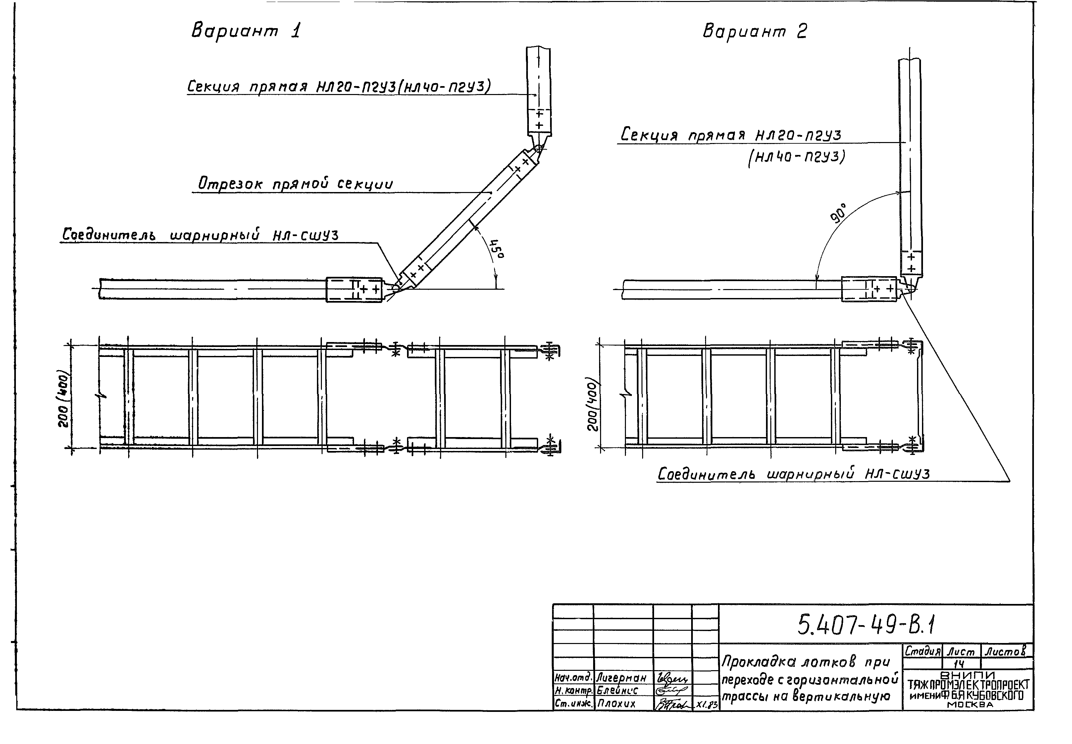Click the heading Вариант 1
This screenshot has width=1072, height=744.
pos(246,31)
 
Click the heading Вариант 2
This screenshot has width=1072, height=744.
pos(754,31)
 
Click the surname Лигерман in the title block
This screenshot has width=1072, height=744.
pos(621,678)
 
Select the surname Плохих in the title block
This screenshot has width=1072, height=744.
pos(616,704)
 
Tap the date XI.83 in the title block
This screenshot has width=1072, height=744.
pos(706,705)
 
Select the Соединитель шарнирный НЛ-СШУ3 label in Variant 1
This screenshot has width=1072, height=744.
pos(200,235)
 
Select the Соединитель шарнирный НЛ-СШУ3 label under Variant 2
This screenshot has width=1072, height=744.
pos(793,474)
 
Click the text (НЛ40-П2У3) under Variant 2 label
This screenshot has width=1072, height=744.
pos(796,157)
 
